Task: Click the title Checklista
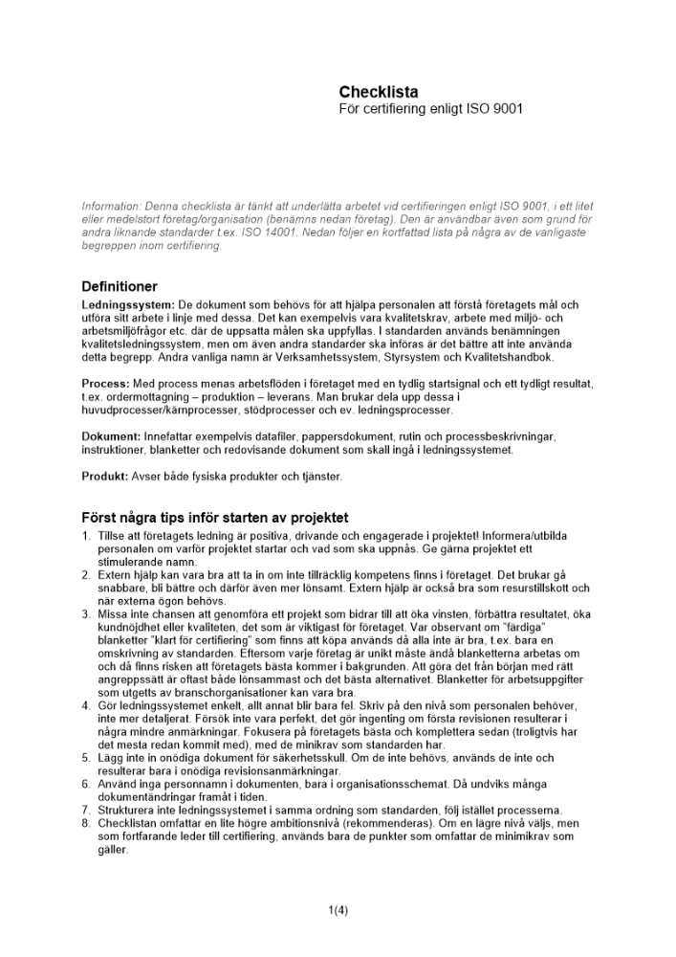(378, 92)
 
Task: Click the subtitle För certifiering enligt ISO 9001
(430, 109)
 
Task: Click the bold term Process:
(107, 384)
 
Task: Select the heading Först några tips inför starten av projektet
(215, 518)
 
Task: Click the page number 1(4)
(338, 909)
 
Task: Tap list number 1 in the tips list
(86, 537)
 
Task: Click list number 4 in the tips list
(86, 705)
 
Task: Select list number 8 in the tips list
(86, 823)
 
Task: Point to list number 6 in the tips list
(86, 784)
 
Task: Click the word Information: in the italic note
(111, 206)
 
